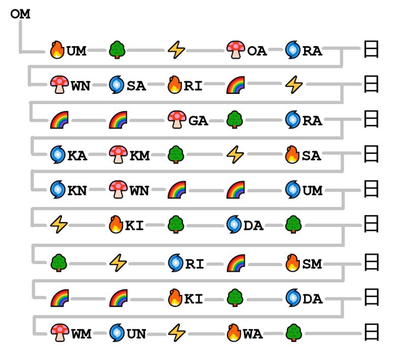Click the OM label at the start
pyautogui.click(x=20, y=14)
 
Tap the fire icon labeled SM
pyautogui.click(x=293, y=264)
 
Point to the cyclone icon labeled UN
pyautogui.click(x=117, y=333)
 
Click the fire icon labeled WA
pyautogui.click(x=234, y=333)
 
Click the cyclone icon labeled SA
pyautogui.click(x=117, y=85)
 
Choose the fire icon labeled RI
pyautogui.click(x=176, y=85)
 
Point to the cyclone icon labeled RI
pyautogui.click(x=176, y=264)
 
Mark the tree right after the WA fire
pyautogui.click(x=293, y=333)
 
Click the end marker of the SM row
pyautogui.click(x=371, y=264)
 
